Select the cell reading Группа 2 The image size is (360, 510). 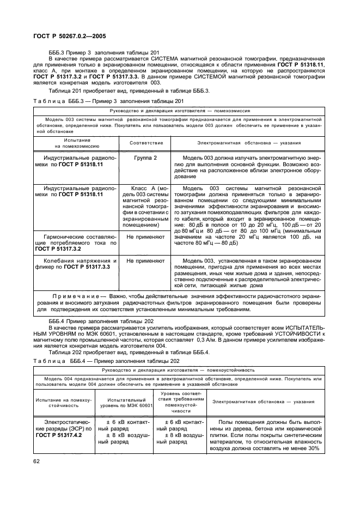click(x=145, y=157)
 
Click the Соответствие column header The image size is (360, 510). click(x=145, y=143)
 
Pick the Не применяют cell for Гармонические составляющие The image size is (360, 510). click(x=145, y=238)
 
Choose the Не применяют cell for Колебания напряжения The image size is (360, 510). click(x=145, y=261)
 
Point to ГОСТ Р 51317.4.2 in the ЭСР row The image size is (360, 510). click(x=58, y=436)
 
